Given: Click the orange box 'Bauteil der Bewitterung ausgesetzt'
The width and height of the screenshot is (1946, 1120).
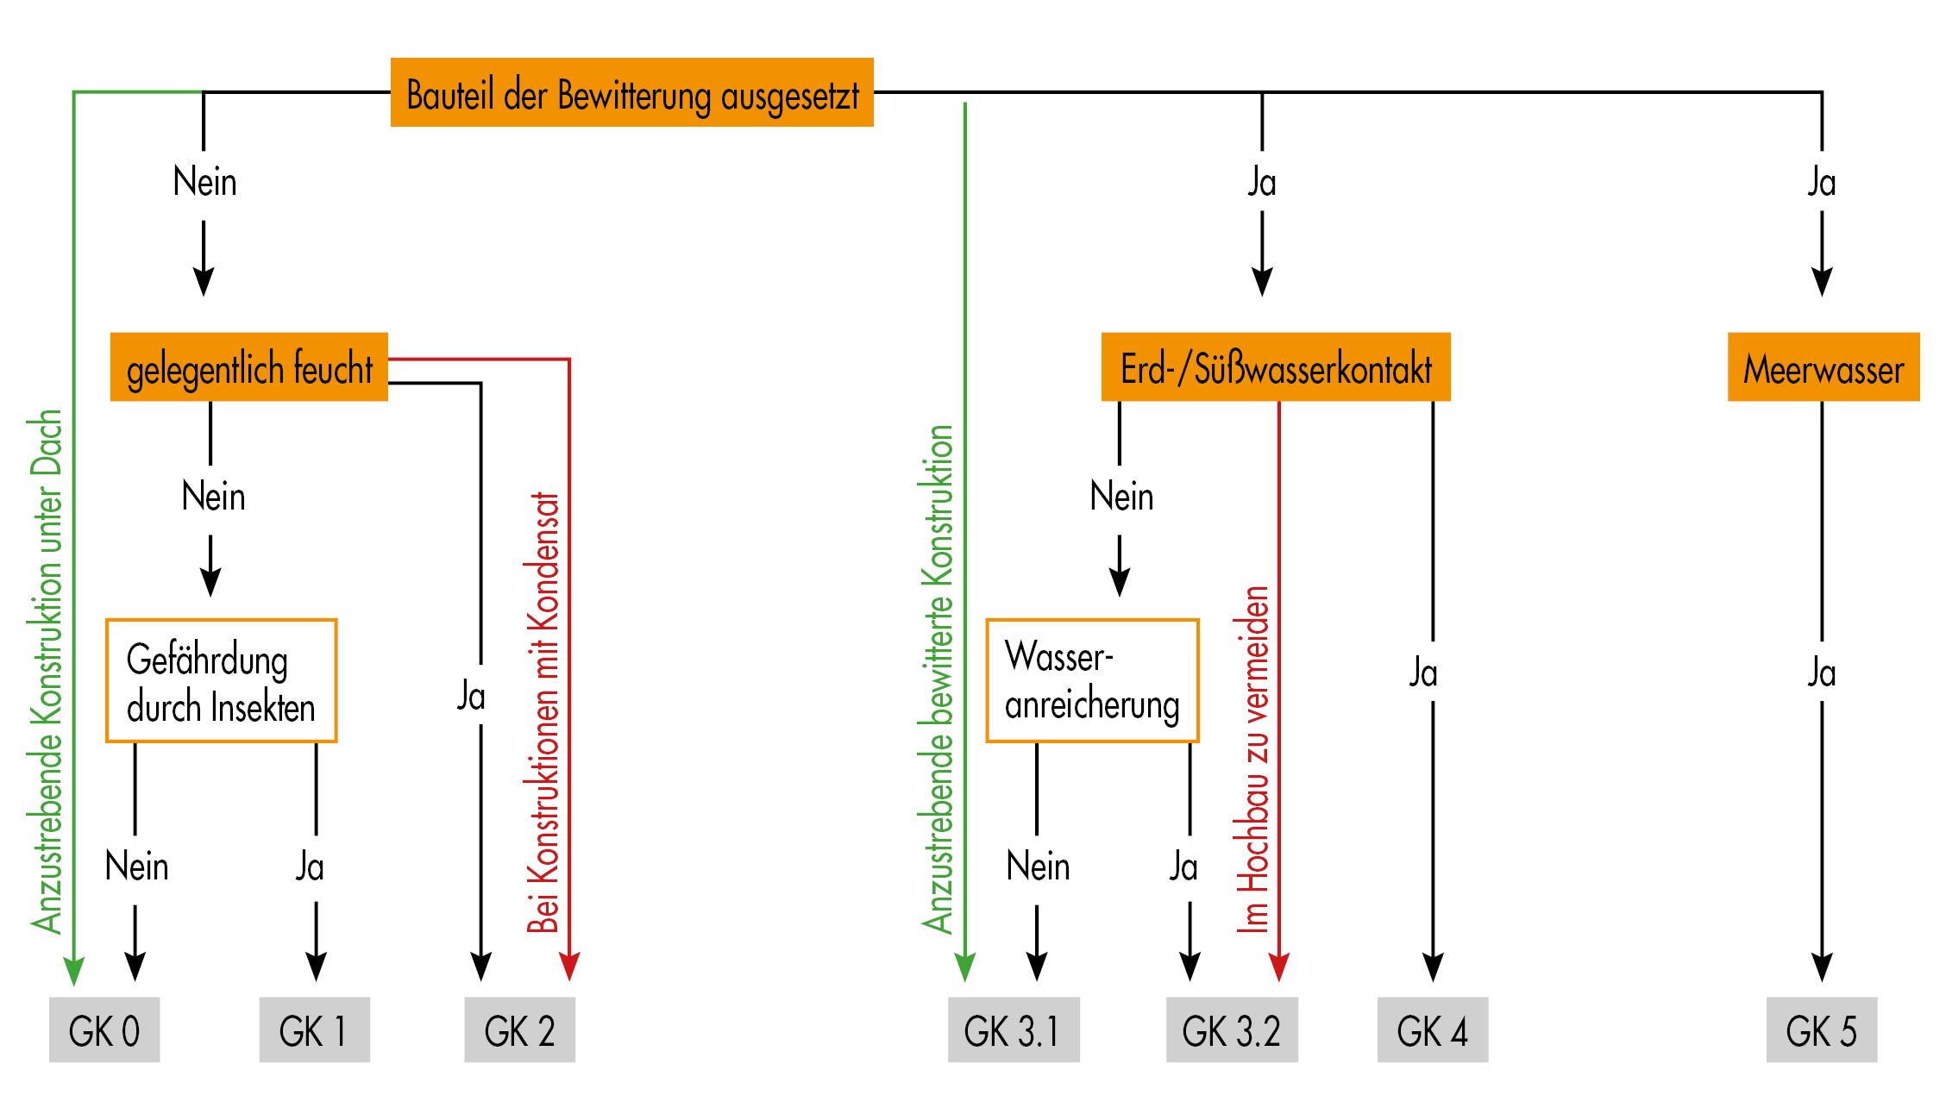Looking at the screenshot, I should pyautogui.click(x=631, y=93).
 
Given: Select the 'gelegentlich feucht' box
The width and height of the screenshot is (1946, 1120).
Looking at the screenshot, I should pyautogui.click(x=248, y=367).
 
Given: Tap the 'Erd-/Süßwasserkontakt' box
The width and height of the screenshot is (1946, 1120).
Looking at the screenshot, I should pyautogui.click(x=1275, y=367).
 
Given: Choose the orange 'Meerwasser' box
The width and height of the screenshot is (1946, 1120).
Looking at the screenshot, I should pyautogui.click(x=1823, y=367).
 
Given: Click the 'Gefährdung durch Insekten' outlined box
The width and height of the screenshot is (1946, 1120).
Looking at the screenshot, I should pyautogui.click(x=221, y=680).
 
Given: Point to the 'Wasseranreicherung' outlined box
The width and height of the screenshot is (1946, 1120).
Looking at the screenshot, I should pyautogui.click(x=1092, y=680).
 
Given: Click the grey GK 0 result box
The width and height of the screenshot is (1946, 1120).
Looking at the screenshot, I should pyautogui.click(x=104, y=1029).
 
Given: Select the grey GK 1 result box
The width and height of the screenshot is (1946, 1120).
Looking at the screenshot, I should pyautogui.click(x=314, y=1029).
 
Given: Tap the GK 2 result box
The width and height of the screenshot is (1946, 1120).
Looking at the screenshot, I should pyautogui.click(x=519, y=1029).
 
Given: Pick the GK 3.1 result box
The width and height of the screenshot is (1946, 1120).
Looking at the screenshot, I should pyautogui.click(x=1013, y=1029).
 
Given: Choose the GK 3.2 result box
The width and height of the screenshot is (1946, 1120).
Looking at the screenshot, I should pyautogui.click(x=1231, y=1029).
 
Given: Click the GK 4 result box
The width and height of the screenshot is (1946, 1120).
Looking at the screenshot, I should pyautogui.click(x=1432, y=1029).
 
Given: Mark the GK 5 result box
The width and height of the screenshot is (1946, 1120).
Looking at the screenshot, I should pyautogui.click(x=1821, y=1029).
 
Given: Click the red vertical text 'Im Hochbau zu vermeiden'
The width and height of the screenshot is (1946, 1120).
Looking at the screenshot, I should pyautogui.click(x=1253, y=759).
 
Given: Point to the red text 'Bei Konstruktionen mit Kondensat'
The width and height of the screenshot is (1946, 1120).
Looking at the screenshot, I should pyautogui.click(x=543, y=712).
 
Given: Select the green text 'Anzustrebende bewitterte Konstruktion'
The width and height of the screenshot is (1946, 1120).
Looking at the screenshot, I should pyautogui.click(x=938, y=679).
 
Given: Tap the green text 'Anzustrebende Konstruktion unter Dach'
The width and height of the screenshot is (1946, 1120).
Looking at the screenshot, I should pyautogui.click(x=47, y=671).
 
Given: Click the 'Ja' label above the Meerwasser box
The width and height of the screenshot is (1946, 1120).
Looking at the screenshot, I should pyautogui.click(x=1821, y=183).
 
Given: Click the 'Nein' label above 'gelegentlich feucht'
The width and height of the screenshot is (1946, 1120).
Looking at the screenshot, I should pyautogui.click(x=204, y=183).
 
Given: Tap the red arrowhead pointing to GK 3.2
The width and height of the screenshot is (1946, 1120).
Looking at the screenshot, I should pyautogui.click(x=1278, y=967).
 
